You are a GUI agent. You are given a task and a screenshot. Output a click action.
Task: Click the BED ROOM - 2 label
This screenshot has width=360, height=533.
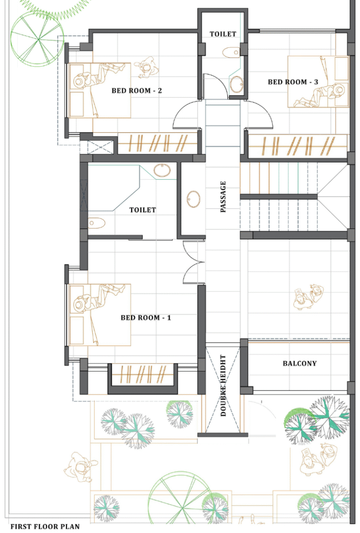[x=136, y=91]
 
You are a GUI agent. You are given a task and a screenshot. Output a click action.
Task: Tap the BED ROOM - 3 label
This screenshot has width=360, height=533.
[x=293, y=82]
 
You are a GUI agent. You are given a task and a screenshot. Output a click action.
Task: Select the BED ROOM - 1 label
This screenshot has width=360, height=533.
[x=146, y=318]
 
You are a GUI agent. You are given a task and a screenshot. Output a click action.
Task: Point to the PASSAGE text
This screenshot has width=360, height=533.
[x=223, y=197]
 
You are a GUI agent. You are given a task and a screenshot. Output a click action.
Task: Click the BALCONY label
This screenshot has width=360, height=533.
[x=300, y=363]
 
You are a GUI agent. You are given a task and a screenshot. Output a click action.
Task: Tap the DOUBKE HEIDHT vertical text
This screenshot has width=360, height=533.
[x=223, y=386]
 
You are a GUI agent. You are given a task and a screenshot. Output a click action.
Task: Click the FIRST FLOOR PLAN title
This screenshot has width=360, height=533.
[x=45, y=527]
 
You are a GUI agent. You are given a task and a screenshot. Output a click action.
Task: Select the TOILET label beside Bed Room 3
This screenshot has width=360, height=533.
[x=223, y=34]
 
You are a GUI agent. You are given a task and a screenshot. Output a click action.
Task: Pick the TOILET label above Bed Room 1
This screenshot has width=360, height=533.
[x=143, y=210]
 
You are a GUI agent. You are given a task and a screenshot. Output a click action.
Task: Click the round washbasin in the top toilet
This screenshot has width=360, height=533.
[x=236, y=84]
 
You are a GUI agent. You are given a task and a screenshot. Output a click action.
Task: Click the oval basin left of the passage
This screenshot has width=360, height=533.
[x=194, y=199]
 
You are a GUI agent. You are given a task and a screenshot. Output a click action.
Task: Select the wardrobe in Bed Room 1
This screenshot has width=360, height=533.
[x=143, y=374]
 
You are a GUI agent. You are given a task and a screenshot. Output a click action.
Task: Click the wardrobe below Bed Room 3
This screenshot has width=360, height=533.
[x=298, y=146]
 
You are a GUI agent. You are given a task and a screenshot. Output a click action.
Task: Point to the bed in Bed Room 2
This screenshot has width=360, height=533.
[x=100, y=91]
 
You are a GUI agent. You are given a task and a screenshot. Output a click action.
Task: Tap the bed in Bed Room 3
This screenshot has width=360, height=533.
[x=318, y=82]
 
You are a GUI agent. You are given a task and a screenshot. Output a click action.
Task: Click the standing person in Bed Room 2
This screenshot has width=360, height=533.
[x=146, y=67]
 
